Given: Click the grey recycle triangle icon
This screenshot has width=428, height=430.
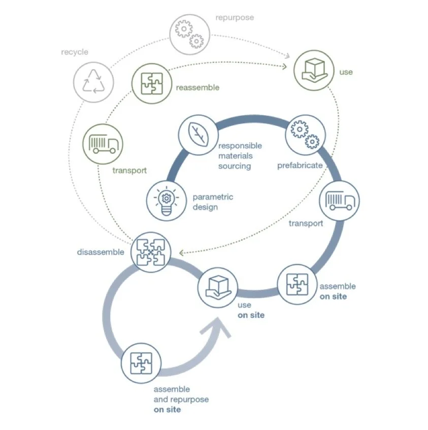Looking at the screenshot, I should pos(94,80).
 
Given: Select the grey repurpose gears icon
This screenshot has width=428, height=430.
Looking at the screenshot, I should pos(189,34).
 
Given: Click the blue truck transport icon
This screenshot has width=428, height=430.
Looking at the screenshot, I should pos(339,200).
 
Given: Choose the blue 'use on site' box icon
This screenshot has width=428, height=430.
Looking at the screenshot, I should pos(217,288).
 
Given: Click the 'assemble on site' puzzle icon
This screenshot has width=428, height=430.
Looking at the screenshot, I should pos(297,284).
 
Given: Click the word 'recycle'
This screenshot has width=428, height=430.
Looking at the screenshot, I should pos(75,52).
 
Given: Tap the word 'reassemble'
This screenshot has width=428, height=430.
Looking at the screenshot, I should pos(197,87).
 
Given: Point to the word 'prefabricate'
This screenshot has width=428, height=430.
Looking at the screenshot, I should pos(300,166).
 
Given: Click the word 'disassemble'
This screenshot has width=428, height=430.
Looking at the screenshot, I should pos(101,252).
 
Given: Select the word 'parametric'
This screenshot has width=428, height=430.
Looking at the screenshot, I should pos(213,197).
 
